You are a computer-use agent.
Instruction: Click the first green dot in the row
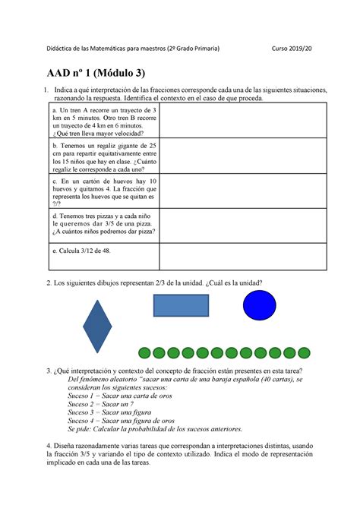pos(144,352)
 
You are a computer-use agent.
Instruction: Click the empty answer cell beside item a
pos(243,123)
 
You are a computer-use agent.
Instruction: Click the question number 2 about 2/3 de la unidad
pos(49,282)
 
